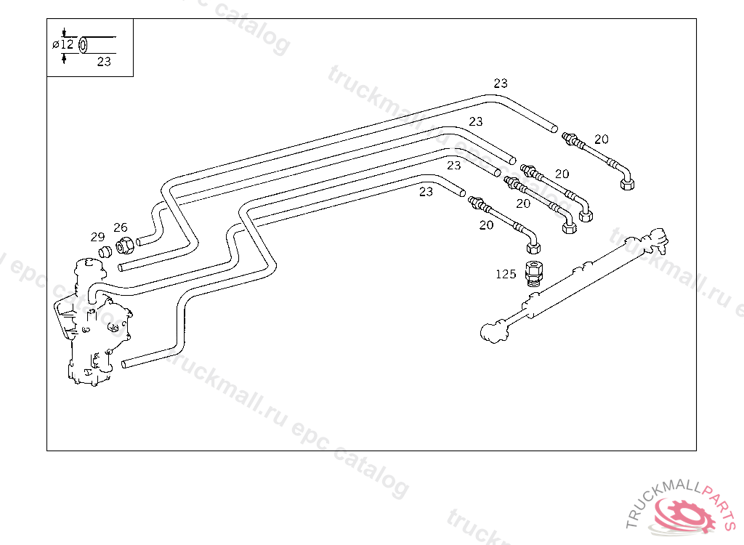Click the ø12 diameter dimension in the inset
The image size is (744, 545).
tap(63, 44)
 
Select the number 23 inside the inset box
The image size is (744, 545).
tap(104, 62)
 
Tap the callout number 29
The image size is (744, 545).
tap(98, 237)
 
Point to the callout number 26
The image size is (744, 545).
tap(121, 227)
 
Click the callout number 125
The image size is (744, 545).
tap(506, 274)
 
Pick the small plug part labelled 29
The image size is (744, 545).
tap(105, 251)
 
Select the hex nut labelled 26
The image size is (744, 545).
tap(125, 246)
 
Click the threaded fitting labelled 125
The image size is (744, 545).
tap(534, 273)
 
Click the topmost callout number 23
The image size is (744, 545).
tap(501, 84)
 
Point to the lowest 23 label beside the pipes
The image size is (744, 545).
tap(426, 191)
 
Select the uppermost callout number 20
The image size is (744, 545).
tap(601, 139)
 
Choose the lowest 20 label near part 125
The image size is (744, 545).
tap(486, 225)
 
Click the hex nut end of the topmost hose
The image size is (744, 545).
tap(627, 184)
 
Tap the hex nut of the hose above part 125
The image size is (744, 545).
tap(533, 248)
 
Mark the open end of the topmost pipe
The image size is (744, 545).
tap(554, 128)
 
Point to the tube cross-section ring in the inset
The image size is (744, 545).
tap(83, 45)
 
